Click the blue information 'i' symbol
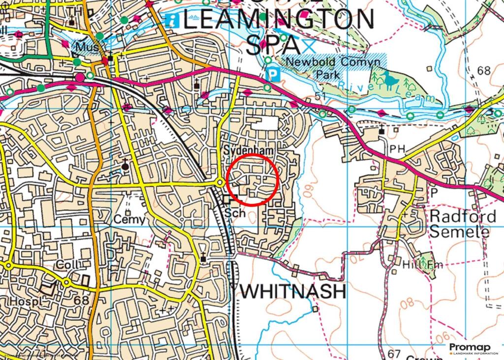(x=172, y=20)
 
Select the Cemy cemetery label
(x=130, y=219)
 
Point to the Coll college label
(x=67, y=264)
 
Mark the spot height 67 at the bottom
(x=394, y=354)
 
